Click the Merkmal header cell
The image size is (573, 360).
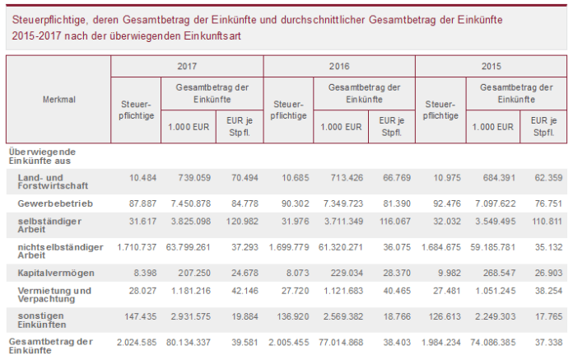coord(58,100)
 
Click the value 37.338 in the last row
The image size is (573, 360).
coord(546,340)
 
